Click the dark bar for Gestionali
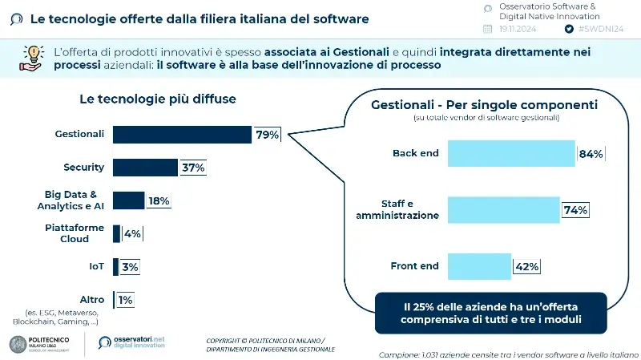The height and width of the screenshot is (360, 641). pyautogui.click(x=182, y=134)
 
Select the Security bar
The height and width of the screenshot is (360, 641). pyautogui.click(x=144, y=167)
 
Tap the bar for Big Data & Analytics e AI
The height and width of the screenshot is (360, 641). pyautogui.click(x=128, y=200)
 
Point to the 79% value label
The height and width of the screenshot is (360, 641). pyautogui.click(x=267, y=135)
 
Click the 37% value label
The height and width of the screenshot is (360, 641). pyautogui.click(x=193, y=168)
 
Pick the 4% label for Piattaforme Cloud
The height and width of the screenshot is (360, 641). pyautogui.click(x=132, y=233)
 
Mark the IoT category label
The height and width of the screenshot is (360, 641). pyautogui.click(x=97, y=266)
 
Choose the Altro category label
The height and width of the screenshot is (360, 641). pyautogui.click(x=92, y=299)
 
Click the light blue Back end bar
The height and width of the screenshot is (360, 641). pyautogui.click(x=511, y=154)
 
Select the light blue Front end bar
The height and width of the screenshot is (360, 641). pyautogui.click(x=479, y=266)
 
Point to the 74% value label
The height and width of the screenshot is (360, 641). pyautogui.click(x=575, y=210)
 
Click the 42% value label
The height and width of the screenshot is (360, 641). pyautogui.click(x=526, y=266)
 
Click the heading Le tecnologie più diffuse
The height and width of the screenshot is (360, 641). pyautogui.click(x=157, y=99)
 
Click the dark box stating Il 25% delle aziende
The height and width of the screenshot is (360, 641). pyautogui.click(x=491, y=313)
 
